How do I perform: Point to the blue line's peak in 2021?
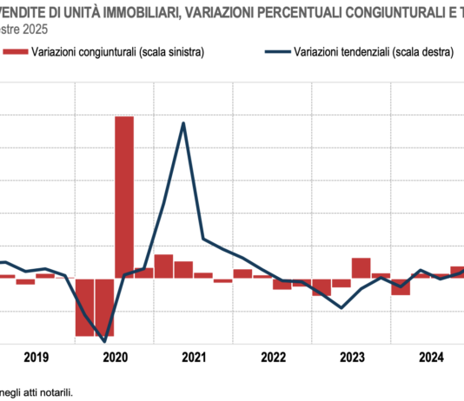coord(183,123)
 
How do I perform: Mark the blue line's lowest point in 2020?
coord(105,341)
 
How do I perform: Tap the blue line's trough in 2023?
coord(341,307)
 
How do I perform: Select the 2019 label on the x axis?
coord(36,357)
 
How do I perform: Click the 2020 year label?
coord(115,357)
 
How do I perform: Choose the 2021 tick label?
coord(194,357)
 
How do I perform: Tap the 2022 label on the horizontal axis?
coord(273,357)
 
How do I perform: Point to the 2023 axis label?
coord(351,357)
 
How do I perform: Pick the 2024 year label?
coord(430,357)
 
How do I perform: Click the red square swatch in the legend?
coord(15,52)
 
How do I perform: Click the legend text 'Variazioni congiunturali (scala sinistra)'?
coord(117,52)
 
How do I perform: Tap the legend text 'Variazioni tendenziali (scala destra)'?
coord(373,52)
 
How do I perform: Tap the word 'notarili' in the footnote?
coord(54,391)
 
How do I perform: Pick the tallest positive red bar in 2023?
coord(361,268)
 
